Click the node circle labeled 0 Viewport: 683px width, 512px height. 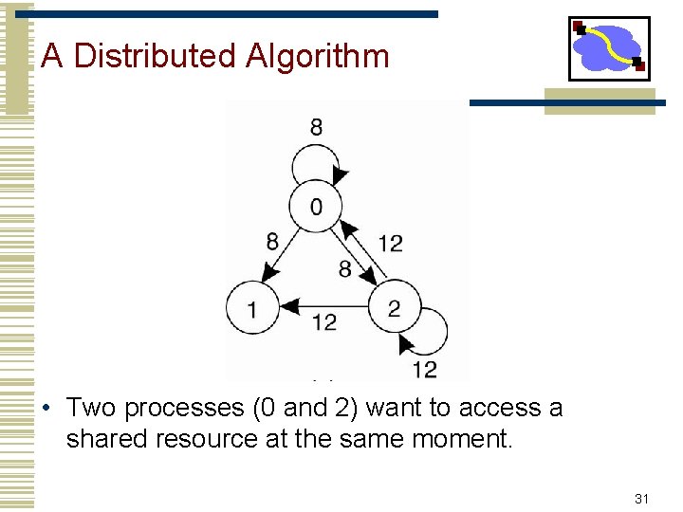tap(316, 206)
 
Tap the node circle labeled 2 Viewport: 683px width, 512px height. tap(394, 307)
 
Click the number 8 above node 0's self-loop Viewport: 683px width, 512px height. tap(316, 126)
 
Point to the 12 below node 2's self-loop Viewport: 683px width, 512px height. tap(424, 369)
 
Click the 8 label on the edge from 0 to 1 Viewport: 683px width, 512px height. tap(272, 242)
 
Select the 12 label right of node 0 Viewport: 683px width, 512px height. tap(390, 244)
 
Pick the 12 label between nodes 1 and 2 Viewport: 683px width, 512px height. tap(323, 323)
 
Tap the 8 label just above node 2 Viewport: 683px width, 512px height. tap(345, 270)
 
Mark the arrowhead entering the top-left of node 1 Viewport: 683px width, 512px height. tap(268, 273)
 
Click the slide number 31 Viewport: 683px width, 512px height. tap(641, 498)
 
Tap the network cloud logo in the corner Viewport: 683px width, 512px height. tap(609, 47)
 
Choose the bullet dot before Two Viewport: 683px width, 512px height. tap(46, 410)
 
